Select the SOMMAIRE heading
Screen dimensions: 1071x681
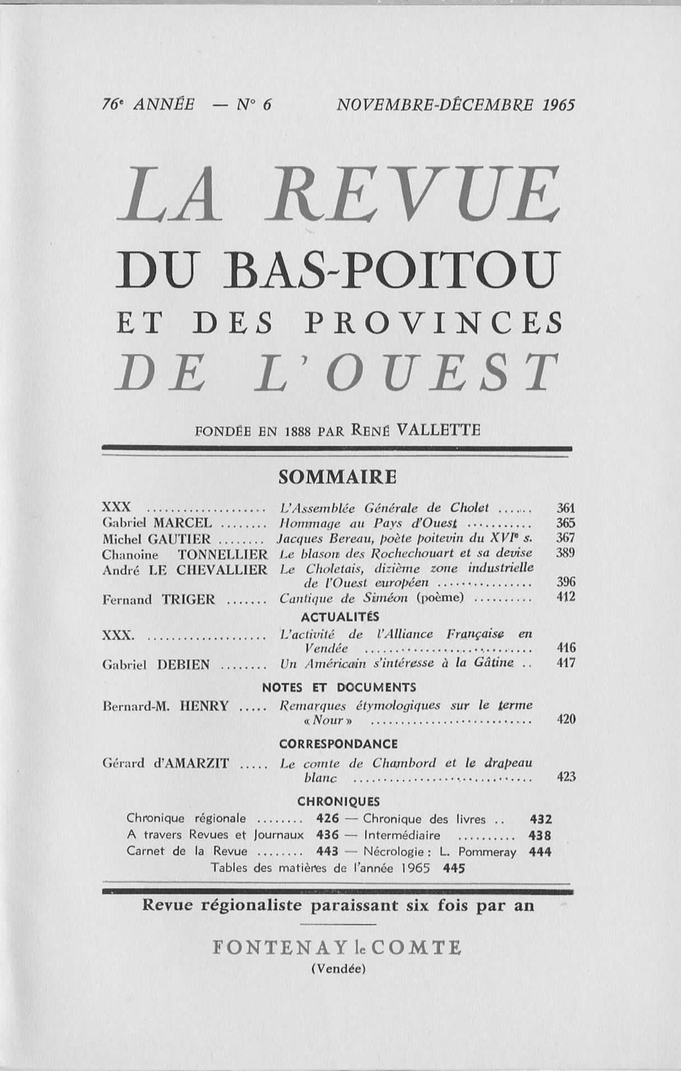coord(337,476)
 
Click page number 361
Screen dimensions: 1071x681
coord(566,508)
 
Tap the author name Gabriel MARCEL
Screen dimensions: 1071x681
coord(157,523)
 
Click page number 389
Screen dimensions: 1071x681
coord(566,553)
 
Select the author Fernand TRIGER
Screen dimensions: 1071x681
coord(159,600)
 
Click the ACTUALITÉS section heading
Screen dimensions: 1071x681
coord(340,617)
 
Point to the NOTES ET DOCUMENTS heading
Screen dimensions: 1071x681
coord(339,687)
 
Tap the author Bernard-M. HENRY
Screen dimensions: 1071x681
coord(166,706)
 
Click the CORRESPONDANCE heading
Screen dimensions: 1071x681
coord(338,744)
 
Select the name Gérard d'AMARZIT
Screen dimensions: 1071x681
coord(166,763)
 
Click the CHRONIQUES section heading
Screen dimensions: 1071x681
coord(338,801)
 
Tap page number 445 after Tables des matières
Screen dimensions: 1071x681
coord(454,868)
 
